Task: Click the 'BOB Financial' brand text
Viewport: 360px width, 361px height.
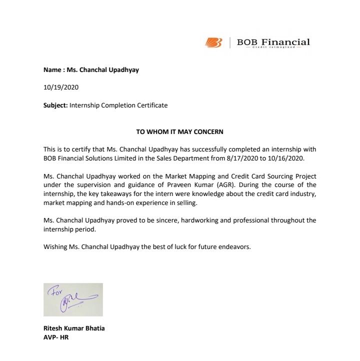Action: [273, 42]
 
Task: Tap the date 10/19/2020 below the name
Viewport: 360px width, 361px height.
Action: [61, 87]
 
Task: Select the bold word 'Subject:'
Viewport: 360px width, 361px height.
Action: [55, 105]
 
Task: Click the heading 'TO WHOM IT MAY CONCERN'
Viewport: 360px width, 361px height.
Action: [180, 132]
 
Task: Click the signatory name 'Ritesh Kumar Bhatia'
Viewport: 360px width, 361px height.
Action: [73, 328]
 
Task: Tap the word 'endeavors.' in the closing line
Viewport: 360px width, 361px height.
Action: [233, 246]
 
